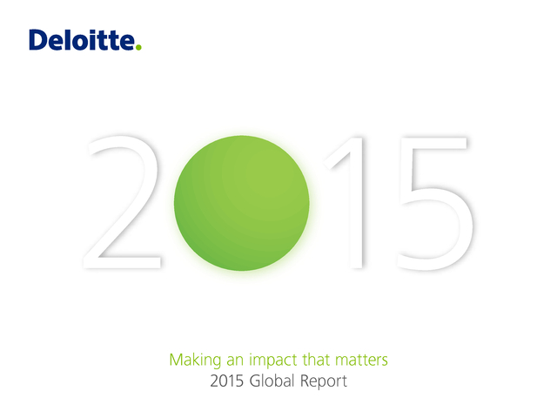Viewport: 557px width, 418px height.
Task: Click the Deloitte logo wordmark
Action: click(x=85, y=40)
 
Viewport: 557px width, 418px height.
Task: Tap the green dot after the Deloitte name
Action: click(x=138, y=47)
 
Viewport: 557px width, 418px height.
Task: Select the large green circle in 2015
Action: click(x=242, y=203)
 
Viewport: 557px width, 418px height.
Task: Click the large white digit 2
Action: click(x=123, y=202)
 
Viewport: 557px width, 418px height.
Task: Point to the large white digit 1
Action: click(x=345, y=202)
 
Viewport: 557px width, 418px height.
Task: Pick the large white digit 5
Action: click(x=434, y=203)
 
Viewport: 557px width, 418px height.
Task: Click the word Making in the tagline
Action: click(x=195, y=360)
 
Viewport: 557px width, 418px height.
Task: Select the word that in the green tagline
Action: click(x=316, y=360)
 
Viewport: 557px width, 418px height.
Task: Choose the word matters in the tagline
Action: click(x=361, y=360)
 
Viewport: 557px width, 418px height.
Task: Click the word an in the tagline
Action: click(x=235, y=361)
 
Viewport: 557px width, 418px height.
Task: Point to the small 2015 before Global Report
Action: click(x=226, y=381)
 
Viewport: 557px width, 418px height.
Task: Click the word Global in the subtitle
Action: click(x=272, y=381)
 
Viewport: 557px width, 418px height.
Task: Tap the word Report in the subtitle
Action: click(x=324, y=381)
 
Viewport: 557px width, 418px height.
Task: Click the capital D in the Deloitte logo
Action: click(x=37, y=40)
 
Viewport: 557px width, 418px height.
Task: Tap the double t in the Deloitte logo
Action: click(x=108, y=41)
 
